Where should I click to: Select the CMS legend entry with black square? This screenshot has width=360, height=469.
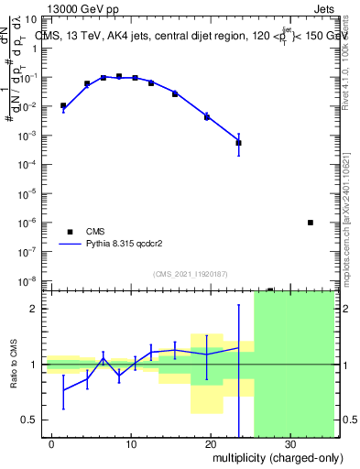pyautogui.click(x=93, y=232)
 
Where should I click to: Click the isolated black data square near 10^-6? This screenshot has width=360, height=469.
pyautogui.click(x=311, y=223)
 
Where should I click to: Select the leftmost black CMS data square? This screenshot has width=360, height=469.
pyautogui.click(x=63, y=105)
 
